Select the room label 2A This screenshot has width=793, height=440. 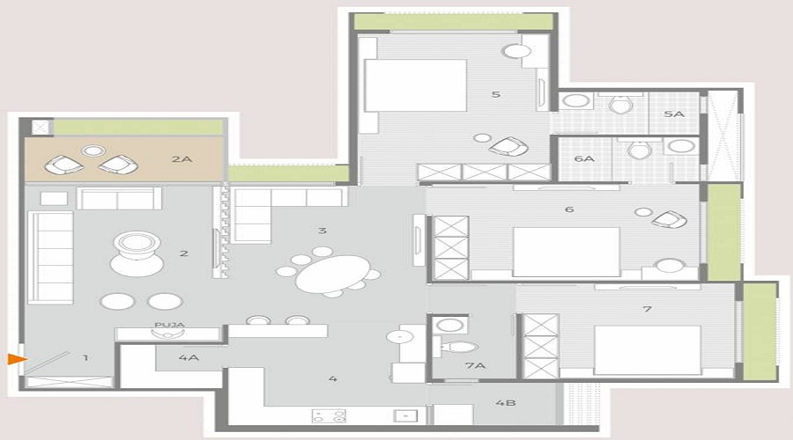pyautogui.click(x=182, y=160)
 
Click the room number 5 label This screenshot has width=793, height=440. pyautogui.click(x=497, y=94)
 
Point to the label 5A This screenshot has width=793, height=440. pyautogui.click(x=673, y=114)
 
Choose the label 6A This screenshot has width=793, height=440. pyautogui.click(x=583, y=158)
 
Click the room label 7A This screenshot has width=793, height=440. pyautogui.click(x=476, y=363)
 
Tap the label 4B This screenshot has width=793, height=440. pyautogui.click(x=505, y=404)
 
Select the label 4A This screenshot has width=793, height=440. pyautogui.click(x=188, y=358)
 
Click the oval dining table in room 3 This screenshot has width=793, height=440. pyautogui.click(x=332, y=275)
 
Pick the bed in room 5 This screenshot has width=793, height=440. pyautogui.click(x=414, y=85)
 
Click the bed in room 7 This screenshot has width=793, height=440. pyautogui.click(x=647, y=349)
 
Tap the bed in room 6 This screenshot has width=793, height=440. pyautogui.click(x=566, y=252)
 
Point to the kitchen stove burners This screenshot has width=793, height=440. pyautogui.click(x=329, y=415)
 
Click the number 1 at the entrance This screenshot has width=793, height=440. pyautogui.click(x=85, y=357)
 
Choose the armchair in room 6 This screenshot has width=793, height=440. pyautogui.click(x=669, y=219)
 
